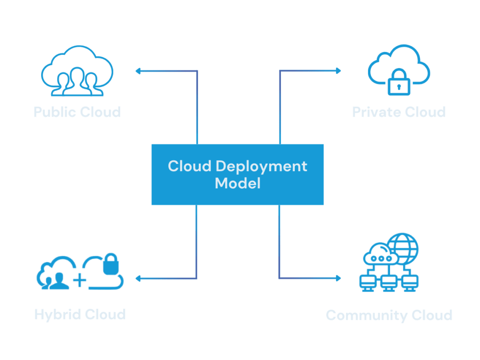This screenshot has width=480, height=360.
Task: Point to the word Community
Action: pyautogui.click(x=360, y=315)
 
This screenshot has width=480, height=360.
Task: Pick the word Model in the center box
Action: pyautogui.click(x=238, y=183)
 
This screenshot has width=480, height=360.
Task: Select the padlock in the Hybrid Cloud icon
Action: pyautogui.click(x=111, y=265)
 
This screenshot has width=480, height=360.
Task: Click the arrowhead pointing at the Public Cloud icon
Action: pyautogui.click(x=138, y=71)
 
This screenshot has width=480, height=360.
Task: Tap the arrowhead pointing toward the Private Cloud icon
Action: pyautogui.click(x=338, y=71)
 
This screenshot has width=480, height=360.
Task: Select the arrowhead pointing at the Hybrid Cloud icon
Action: pyautogui.click(x=138, y=279)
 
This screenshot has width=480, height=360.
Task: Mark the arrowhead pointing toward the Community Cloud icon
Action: pyautogui.click(x=338, y=278)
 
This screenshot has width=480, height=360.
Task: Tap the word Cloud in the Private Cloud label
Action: pyautogui.click(x=425, y=112)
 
